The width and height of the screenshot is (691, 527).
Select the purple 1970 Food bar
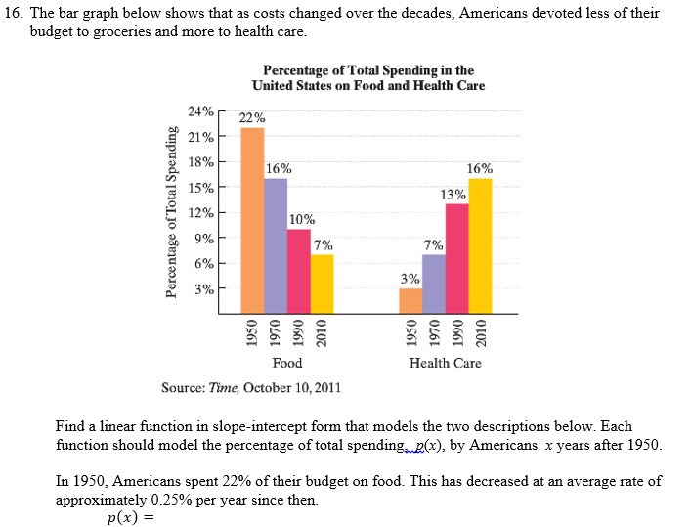[x=276, y=244]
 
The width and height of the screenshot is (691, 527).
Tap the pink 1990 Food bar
[x=298, y=270]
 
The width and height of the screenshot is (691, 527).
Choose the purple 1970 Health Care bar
[x=433, y=284]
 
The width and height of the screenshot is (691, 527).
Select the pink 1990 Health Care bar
[x=456, y=258]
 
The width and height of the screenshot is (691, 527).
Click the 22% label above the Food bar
[x=252, y=117]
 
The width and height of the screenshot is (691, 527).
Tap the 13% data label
[x=453, y=194]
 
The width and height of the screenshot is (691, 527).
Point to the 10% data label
[x=302, y=219]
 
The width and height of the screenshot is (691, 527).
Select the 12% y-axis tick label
[x=201, y=212]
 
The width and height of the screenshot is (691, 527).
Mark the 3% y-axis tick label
[x=204, y=288]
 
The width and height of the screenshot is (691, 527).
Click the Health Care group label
[x=445, y=363]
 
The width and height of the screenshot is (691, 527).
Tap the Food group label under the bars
[x=286, y=363]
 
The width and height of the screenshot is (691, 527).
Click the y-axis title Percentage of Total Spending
[x=171, y=211]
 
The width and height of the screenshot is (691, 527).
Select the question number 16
[x=24, y=14]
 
